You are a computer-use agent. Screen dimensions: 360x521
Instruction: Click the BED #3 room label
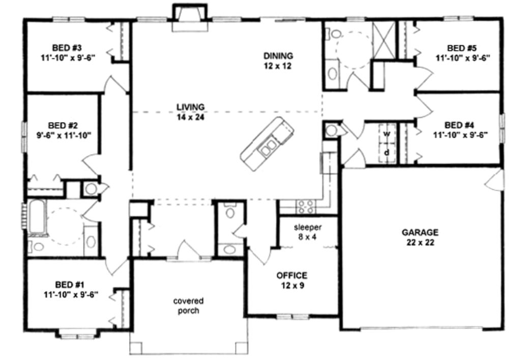tap(69, 48)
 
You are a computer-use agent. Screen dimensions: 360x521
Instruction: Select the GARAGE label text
tap(420, 232)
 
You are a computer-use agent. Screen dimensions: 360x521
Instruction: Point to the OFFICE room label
tap(292, 275)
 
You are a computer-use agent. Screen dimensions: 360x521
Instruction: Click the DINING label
tap(278, 55)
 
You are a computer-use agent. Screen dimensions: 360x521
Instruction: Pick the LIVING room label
tap(190, 107)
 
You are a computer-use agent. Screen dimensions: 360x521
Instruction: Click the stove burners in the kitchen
tap(305, 206)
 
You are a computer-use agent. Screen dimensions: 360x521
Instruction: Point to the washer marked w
tap(387, 134)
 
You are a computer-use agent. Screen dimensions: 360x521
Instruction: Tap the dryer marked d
tap(387, 152)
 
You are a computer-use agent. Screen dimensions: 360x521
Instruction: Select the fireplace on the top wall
tap(190, 13)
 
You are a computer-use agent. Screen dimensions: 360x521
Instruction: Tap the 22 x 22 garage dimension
tap(420, 243)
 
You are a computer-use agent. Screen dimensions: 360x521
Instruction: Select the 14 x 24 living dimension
tap(190, 116)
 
